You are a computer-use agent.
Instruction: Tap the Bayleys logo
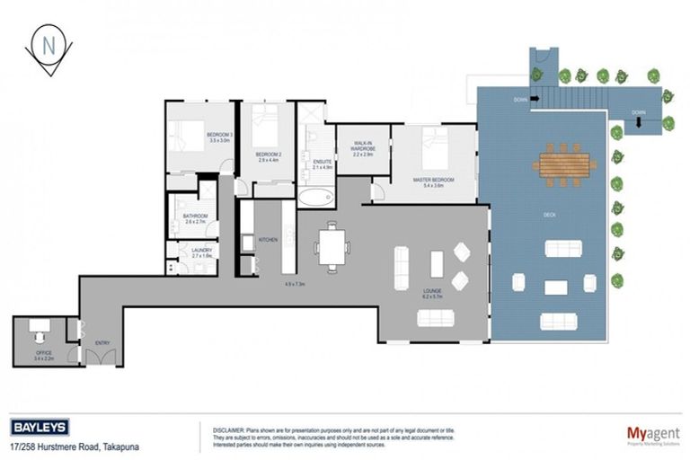pyautogui.click(x=40, y=429)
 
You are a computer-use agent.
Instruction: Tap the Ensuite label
pyautogui.click(x=322, y=164)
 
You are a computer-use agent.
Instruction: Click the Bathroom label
pyautogui.click(x=196, y=219)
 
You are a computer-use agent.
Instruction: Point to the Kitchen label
pyautogui.click(x=268, y=240)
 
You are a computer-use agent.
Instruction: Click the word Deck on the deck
pyautogui.click(x=549, y=215)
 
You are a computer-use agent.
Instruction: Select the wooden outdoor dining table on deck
pyautogui.click(x=564, y=164)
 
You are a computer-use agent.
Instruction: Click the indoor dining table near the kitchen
pyautogui.click(x=334, y=245)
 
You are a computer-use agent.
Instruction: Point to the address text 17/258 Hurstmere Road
pyautogui.click(x=75, y=446)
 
